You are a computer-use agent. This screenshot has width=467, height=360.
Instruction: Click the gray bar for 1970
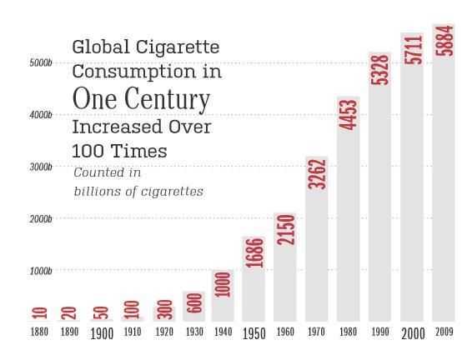[316, 239]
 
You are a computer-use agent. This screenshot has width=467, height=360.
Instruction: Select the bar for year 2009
[444, 172]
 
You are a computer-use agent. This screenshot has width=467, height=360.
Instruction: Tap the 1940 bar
[223, 296]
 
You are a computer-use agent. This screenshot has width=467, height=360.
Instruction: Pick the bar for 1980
[349, 209]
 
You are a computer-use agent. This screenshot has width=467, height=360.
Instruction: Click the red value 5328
[379, 70]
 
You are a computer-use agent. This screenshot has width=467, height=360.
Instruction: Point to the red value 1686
[254, 252]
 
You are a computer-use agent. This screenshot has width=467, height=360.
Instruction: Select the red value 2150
[285, 230]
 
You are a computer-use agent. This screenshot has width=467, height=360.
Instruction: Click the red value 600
[194, 302]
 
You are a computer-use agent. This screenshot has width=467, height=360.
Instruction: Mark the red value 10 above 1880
[40, 313]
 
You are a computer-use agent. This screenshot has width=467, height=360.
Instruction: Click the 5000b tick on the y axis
[41, 62]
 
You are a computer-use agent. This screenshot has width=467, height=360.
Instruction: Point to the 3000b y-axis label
[41, 167]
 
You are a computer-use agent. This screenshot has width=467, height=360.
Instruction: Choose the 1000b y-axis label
[41, 271]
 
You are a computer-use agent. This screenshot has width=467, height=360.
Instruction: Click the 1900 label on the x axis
[102, 334]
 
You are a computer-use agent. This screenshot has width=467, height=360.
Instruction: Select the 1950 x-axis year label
[254, 334]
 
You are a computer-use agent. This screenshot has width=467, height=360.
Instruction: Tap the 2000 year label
[413, 334]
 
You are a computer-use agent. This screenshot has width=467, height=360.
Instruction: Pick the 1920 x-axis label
[164, 332]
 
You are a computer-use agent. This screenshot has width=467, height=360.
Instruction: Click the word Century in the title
[167, 100]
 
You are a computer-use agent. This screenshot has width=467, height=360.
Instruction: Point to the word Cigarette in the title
[178, 47]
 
